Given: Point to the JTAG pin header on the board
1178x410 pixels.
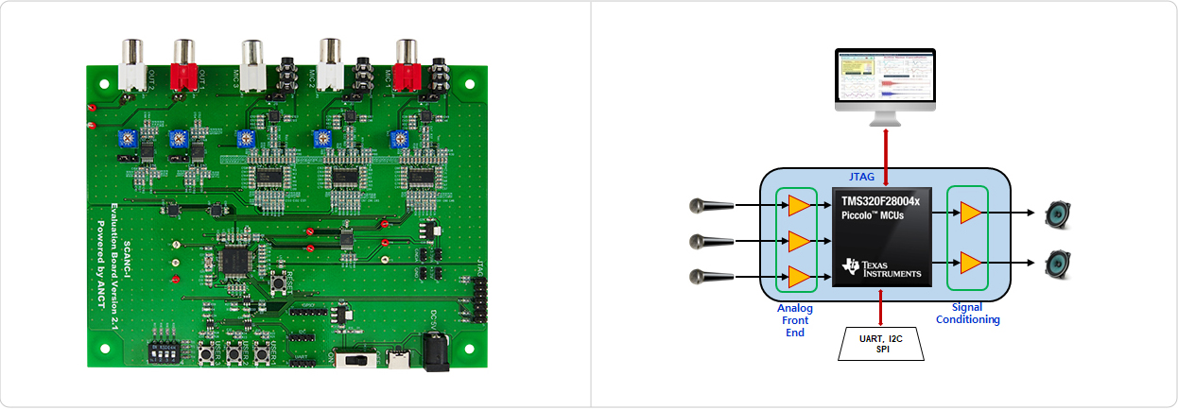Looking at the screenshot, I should click(476, 297).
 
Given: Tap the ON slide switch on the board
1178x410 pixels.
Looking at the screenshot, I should click(355, 360).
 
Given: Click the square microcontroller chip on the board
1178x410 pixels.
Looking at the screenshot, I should click(233, 262).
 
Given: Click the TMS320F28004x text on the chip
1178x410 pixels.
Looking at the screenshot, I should click(880, 201).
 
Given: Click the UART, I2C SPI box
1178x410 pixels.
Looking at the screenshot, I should click(880, 344).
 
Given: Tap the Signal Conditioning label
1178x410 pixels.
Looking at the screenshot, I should click(967, 314).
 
